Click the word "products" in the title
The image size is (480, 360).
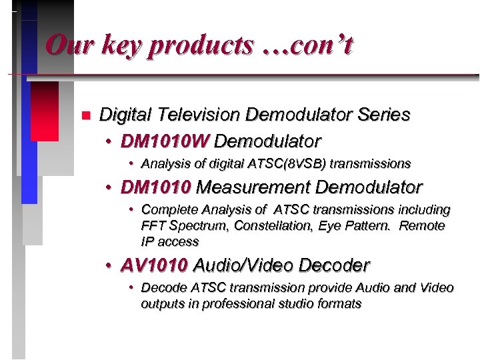(201, 46)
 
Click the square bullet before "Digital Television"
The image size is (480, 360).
(85, 115)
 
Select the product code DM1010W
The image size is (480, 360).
(165, 141)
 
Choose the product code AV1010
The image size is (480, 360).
(154, 265)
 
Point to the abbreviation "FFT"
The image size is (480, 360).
(153, 225)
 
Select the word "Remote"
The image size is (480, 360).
(422, 225)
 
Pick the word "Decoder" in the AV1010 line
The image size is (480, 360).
(334, 265)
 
